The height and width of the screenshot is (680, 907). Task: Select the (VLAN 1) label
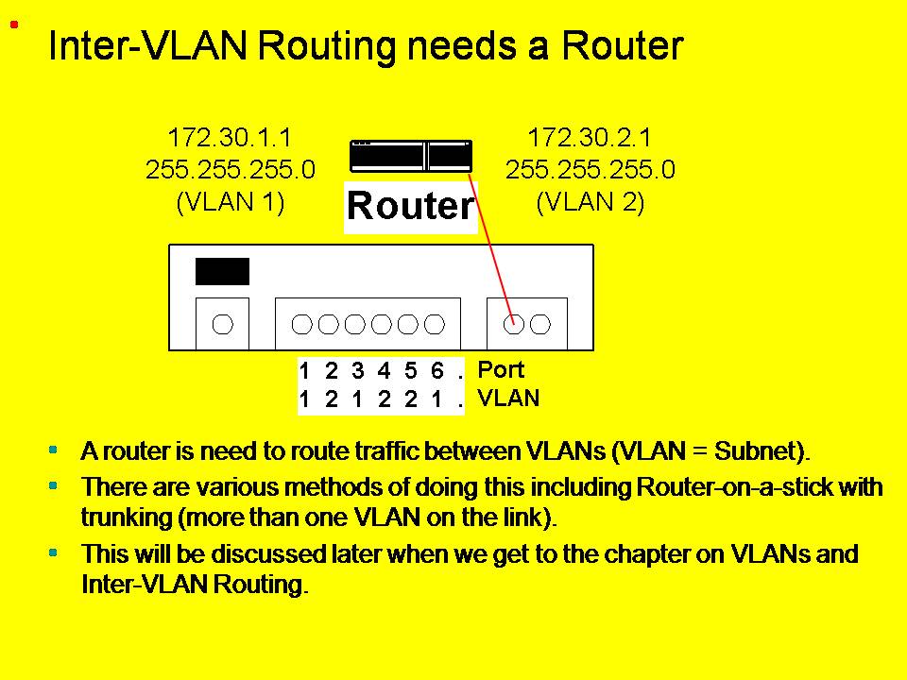coord(231,203)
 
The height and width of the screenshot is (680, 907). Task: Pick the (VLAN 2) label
coord(590,203)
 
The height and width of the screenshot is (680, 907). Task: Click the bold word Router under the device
coord(410,206)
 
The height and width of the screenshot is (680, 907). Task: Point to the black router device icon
coord(410,156)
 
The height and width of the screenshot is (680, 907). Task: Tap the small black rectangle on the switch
coord(222,271)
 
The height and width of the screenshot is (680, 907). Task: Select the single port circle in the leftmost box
coord(222,325)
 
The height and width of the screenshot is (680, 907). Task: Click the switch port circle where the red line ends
coord(514,325)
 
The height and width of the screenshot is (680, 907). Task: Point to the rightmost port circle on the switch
coord(540,325)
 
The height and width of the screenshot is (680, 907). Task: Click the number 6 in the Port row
coord(436,371)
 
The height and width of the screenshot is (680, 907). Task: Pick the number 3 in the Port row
coord(357,371)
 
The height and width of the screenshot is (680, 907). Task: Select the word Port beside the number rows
coord(501,369)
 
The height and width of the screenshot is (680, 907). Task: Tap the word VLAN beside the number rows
coord(508,399)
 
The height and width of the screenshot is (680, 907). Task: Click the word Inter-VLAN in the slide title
coord(151,45)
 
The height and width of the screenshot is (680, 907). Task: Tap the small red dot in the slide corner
coord(14,25)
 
